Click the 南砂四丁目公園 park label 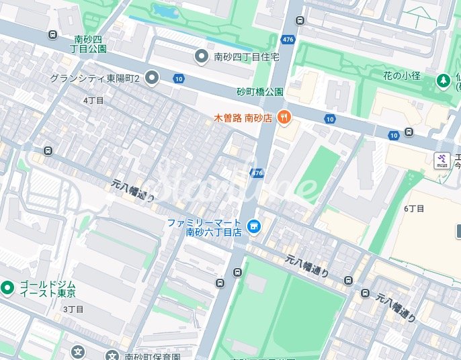tap(88, 44)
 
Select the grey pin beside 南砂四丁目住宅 tap(200, 56)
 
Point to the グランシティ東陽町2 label tap(94, 79)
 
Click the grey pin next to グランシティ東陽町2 tap(152, 79)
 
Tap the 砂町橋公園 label tap(259, 91)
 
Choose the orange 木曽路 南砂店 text tap(243, 118)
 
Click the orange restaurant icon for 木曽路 tap(284, 118)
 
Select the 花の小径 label tap(402, 75)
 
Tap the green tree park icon tap(444, 81)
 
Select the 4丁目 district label tap(93, 100)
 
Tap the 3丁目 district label tap(73, 309)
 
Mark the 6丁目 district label tap(414, 208)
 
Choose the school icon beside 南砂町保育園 tap(79, 352)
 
